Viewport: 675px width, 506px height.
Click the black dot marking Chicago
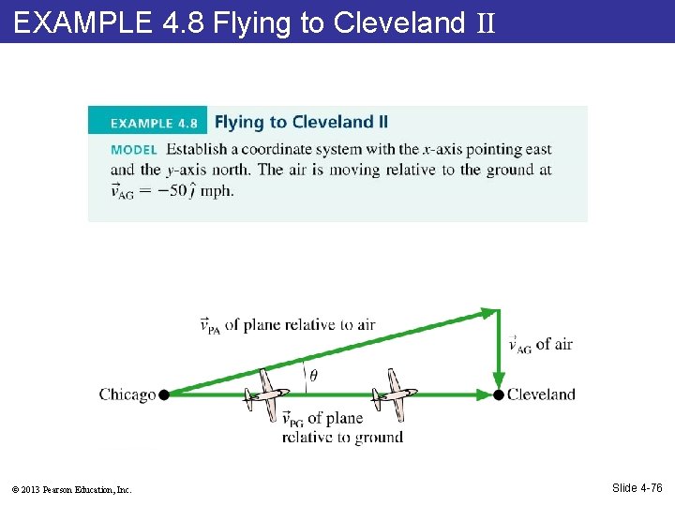tap(163, 394)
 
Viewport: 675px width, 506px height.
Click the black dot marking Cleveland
tap(499, 394)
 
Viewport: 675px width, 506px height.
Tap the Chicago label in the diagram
tap(127, 394)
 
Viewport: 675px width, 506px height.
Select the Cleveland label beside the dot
tap(541, 394)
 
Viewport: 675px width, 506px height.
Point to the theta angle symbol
tap(312, 376)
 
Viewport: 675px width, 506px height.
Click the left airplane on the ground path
tap(265, 394)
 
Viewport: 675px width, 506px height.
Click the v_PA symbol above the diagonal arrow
tap(211, 326)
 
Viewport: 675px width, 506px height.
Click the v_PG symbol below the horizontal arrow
tap(292, 419)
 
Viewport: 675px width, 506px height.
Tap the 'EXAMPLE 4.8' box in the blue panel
tap(148, 122)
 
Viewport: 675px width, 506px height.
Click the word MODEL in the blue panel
tap(133, 149)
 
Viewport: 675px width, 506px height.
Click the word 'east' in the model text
tap(538, 149)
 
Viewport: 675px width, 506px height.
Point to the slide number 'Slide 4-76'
tap(637, 487)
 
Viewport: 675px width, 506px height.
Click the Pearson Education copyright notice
tap(72, 489)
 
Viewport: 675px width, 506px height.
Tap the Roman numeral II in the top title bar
tap(485, 22)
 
